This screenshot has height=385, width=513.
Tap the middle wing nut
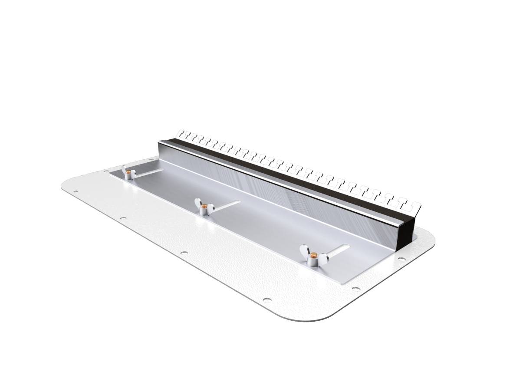[203, 208]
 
